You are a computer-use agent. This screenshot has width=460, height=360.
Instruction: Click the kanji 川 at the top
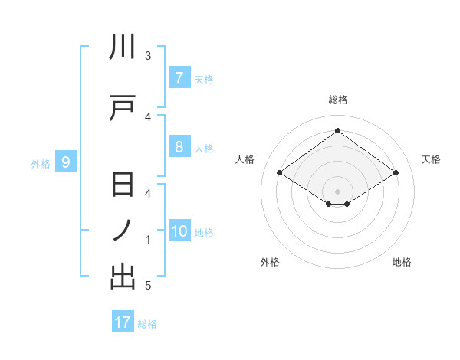123,47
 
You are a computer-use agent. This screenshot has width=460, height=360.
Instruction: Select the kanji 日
123,186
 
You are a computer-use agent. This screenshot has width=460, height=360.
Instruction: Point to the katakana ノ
123,231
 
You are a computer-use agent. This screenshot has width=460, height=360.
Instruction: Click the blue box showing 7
179,77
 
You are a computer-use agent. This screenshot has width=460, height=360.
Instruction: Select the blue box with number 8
179,147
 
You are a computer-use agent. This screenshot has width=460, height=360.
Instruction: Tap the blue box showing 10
180,231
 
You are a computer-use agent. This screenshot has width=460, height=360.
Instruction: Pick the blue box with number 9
66,162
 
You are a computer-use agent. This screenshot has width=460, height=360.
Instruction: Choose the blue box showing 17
123,322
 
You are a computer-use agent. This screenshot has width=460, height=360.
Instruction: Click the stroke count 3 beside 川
148,56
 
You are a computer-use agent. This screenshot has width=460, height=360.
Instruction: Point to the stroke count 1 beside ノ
148,240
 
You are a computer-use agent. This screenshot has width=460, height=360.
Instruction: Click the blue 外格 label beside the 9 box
40,162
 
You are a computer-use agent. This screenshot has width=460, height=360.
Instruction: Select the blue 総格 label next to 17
147,323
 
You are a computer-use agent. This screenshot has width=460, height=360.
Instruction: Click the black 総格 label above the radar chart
337,100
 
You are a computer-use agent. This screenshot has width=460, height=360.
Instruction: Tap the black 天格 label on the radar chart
431,159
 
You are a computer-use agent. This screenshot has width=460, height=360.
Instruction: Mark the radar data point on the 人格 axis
280,173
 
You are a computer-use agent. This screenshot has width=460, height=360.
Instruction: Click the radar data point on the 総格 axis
337,131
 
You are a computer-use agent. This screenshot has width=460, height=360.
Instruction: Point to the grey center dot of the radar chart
337,191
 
